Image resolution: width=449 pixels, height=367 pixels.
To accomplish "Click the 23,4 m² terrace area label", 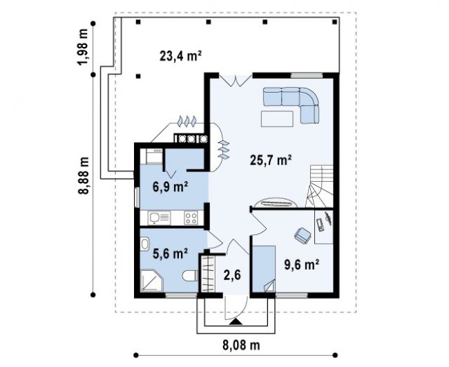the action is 180,56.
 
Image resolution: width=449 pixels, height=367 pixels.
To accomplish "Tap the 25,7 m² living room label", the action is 271,160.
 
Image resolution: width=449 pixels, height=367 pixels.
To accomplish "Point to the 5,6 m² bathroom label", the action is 170,253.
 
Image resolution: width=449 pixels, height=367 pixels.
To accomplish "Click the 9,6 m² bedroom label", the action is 302,265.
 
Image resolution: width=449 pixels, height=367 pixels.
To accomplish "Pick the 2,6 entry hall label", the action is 232,275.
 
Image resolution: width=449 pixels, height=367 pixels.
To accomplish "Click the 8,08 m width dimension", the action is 241,345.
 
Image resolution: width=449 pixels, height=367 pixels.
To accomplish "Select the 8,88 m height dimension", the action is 84,175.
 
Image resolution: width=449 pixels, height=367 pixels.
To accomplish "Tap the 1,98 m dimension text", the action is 84,47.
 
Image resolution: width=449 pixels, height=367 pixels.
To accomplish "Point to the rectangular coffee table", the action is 277,119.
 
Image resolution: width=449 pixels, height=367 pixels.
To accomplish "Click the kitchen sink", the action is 159,218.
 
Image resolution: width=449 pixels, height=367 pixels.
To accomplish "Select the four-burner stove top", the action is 191,218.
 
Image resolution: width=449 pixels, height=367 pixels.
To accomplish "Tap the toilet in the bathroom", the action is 190,276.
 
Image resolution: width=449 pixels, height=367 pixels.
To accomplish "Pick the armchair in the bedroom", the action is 303,236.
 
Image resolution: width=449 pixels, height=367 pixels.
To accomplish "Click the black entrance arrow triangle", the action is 236,322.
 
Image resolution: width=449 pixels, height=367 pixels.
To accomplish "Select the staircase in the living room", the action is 319,186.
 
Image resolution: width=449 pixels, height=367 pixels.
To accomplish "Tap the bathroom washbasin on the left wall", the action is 144,243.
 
